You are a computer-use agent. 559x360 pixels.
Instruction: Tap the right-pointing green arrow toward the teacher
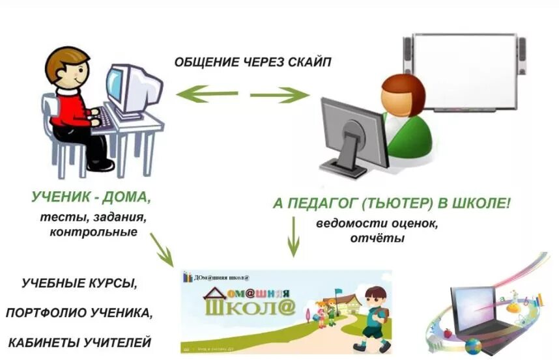click(281, 96)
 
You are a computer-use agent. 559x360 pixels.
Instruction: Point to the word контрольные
click(93, 231)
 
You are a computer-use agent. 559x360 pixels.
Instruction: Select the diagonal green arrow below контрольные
click(162, 249)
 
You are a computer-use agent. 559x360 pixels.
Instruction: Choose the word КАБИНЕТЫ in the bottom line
click(44, 342)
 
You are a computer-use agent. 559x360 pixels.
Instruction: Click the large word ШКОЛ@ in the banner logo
click(250, 307)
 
